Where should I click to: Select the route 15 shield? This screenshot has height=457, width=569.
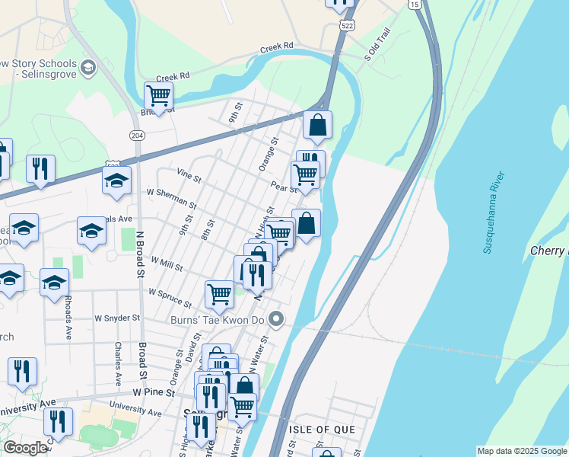pos(414,5)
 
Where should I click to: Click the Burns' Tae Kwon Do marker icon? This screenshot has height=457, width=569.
pos(277,320)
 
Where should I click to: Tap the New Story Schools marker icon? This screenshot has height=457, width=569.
pos(87,69)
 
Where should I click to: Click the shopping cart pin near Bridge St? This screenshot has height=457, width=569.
pos(158,96)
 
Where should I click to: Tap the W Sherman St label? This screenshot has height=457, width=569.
pos(172,199)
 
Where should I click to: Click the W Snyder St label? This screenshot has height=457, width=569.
pos(117,318)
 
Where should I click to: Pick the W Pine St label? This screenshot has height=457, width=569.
pos(154,393)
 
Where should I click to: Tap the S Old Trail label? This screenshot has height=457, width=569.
pos(377,45)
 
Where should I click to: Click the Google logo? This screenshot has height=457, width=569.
pos(24,448)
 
